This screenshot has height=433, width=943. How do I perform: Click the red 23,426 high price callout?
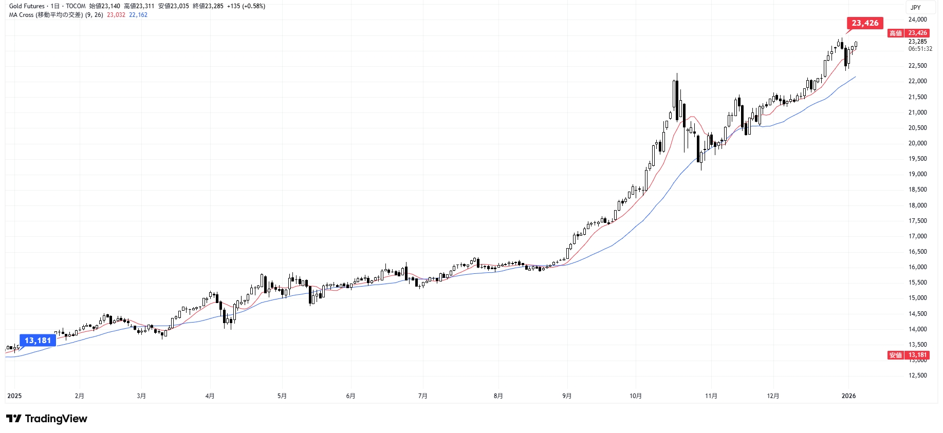865,23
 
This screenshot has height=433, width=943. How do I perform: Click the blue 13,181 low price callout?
38,341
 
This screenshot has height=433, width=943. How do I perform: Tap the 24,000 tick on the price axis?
917,20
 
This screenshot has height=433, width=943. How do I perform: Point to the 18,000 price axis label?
917,205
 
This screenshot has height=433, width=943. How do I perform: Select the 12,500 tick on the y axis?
917,375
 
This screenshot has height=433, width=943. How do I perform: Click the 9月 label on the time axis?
567,396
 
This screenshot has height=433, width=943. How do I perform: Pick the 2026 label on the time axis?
848,396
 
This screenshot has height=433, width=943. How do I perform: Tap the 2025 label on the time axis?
14,396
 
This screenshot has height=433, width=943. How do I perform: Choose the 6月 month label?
350,396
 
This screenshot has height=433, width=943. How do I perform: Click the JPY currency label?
916,8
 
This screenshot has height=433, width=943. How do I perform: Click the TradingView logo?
47,419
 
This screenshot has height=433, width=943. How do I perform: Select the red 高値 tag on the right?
896,33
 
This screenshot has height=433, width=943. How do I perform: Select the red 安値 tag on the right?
896,355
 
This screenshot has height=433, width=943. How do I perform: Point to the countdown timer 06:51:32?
920,49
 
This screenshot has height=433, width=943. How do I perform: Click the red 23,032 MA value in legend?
116,15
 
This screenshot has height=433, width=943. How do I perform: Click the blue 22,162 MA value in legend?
138,15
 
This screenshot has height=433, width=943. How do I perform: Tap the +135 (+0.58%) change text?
246,6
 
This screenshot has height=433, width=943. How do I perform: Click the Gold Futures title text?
27,6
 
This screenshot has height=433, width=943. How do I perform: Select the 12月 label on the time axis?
773,396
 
